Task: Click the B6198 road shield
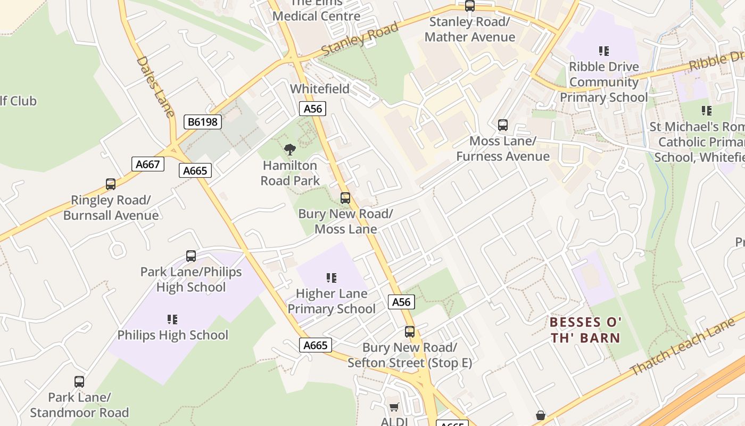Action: point(203,122)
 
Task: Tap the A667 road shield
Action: point(147,164)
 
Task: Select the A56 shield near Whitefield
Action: point(312,109)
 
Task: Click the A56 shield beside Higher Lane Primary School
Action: point(401,302)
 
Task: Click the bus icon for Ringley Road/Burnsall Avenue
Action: point(111,184)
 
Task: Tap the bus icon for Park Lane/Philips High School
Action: point(191,256)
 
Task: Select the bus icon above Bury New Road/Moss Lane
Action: point(345,198)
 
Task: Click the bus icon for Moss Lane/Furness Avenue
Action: point(503,125)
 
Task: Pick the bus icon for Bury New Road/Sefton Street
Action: point(410,332)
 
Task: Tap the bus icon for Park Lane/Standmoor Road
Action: point(79,382)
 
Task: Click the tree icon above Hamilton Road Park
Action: point(290,150)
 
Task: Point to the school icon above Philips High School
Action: point(172,319)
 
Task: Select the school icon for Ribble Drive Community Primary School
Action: point(604,51)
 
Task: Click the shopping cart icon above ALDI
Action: point(394,407)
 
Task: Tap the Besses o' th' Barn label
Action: point(585,330)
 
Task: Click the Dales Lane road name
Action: point(155,86)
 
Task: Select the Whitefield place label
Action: point(320,89)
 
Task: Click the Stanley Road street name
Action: point(360,38)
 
